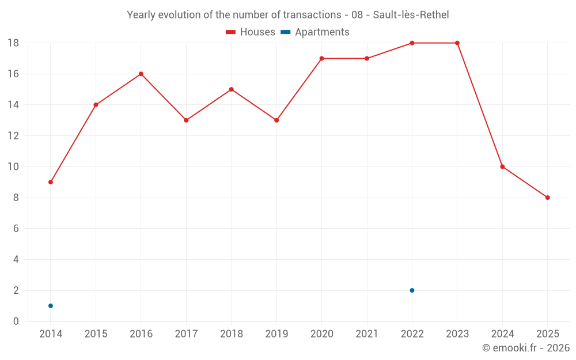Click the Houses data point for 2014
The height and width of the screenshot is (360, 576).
pyautogui.click(x=51, y=182)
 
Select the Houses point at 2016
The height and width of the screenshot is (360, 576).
pyautogui.click(x=141, y=74)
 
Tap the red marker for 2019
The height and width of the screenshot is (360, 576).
pyautogui.click(x=276, y=120)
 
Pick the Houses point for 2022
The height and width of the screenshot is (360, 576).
pyautogui.click(x=412, y=43)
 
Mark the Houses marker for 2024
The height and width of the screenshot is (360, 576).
pyautogui.click(x=502, y=167)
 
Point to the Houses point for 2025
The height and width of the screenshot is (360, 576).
pyautogui.click(x=548, y=198)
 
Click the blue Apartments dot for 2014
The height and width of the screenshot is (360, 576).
pyautogui.click(x=51, y=306)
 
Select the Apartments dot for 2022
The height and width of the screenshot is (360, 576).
pyautogui.click(x=412, y=290)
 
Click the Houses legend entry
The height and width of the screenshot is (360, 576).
pyautogui.click(x=251, y=32)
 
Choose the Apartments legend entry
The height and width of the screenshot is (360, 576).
pyautogui.click(x=315, y=32)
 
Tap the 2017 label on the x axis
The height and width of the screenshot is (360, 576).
pyautogui.click(x=186, y=334)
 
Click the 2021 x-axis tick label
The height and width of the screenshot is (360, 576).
pyautogui.click(x=367, y=334)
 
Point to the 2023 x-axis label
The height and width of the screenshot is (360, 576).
pyautogui.click(x=457, y=334)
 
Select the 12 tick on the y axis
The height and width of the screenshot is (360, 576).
pyautogui.click(x=13, y=136)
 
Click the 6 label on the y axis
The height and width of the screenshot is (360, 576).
pyautogui.click(x=16, y=229)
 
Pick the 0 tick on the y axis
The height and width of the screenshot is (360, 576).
pyautogui.click(x=16, y=321)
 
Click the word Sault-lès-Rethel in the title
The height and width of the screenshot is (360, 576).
pyautogui.click(x=411, y=15)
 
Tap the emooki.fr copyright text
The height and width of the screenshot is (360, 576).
pyautogui.click(x=526, y=348)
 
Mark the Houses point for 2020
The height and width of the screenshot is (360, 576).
pyautogui.click(x=322, y=58)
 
